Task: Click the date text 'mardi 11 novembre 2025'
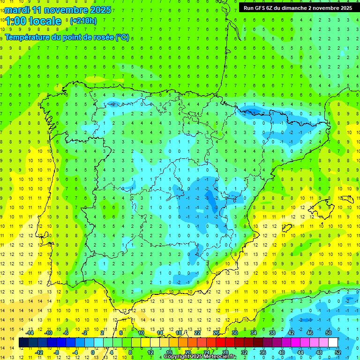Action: pos(58,10)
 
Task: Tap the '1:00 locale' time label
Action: pos(33,21)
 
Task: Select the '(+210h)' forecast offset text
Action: pos(83,21)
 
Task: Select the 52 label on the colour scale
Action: pos(338,352)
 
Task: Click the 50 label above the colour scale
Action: pos(329,333)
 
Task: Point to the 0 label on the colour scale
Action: pos(92,352)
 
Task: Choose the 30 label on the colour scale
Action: pos(235,333)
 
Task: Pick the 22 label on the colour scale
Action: pos(197,333)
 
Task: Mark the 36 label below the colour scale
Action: pos(263,352)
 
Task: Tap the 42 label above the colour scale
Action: pos(291,333)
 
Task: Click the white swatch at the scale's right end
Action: pos(333,343)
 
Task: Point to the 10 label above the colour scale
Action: pos(141,333)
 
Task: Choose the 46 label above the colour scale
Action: pos(310,333)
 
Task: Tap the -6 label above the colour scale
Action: pos(66,333)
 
